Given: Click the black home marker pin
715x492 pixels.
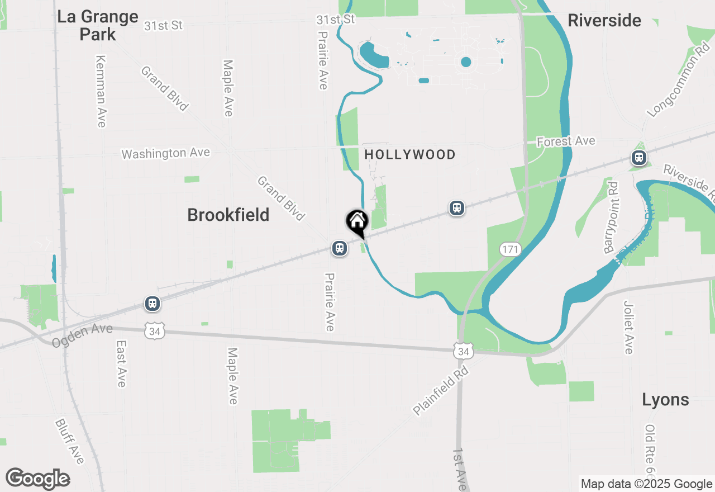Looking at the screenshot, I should (357, 222).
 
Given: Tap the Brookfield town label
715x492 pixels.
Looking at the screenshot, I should (228, 215).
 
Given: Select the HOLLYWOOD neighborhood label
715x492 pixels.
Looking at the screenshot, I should (410, 154).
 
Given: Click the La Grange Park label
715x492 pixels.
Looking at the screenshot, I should (98, 25).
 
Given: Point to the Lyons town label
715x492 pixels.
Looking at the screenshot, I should (665, 400).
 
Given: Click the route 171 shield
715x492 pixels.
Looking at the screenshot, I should (510, 249).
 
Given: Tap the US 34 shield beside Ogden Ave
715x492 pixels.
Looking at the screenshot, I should (154, 330).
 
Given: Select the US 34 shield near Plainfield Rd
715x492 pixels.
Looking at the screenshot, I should (464, 351).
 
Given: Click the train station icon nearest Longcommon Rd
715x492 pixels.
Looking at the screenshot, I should (638, 158).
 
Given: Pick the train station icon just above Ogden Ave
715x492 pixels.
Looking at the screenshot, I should (152, 304).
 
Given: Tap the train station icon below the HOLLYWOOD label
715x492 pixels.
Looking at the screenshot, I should (457, 209).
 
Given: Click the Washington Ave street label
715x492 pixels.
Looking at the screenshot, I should (166, 153).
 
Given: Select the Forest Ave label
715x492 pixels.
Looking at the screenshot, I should (566, 141).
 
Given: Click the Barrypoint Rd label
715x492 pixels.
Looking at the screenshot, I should (612, 218).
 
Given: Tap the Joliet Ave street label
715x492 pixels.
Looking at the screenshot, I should (628, 327).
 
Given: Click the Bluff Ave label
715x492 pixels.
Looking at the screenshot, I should (70, 441).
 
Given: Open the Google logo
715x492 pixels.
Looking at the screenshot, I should (37, 479).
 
